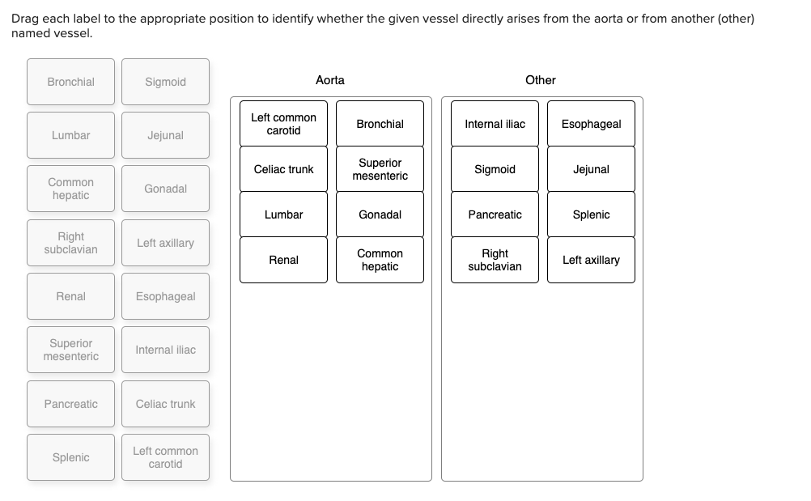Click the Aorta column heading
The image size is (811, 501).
(329, 80)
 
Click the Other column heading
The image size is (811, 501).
(540, 80)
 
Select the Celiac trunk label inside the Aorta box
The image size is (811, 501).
(283, 169)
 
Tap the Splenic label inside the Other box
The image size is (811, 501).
(591, 214)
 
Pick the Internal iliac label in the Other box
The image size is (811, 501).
(495, 124)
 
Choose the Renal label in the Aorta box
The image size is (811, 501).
(283, 260)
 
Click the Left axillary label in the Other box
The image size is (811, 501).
(591, 260)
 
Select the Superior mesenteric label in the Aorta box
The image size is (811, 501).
(380, 169)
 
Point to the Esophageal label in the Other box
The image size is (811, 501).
(591, 124)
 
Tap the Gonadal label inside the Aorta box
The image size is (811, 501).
(380, 214)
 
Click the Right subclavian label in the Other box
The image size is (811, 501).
(495, 260)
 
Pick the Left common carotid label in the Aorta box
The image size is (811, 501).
(283, 124)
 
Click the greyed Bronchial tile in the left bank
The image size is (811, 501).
(70, 82)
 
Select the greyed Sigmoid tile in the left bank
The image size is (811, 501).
(165, 82)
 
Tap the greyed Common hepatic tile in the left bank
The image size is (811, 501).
(70, 189)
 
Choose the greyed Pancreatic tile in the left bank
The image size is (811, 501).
(70, 404)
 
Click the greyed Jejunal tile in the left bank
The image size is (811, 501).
(165, 135)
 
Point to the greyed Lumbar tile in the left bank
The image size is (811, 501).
(70, 135)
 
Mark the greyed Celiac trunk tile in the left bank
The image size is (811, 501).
(165, 404)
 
